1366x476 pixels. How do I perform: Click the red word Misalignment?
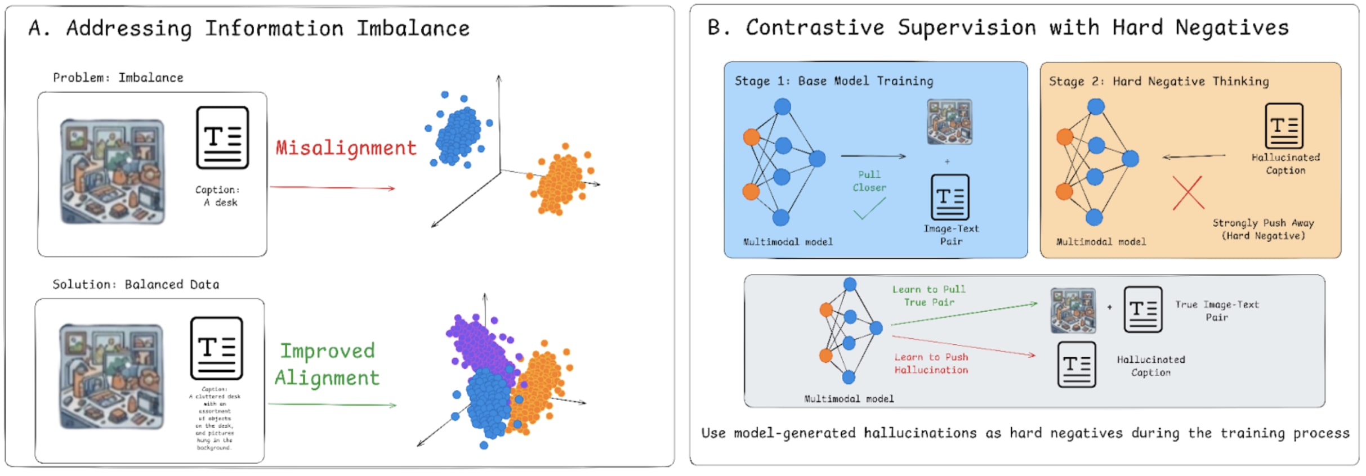coord(346,148)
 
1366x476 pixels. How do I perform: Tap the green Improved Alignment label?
coord(327,364)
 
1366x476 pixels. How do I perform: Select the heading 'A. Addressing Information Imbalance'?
coord(249,28)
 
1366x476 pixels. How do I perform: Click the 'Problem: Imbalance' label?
coord(118,78)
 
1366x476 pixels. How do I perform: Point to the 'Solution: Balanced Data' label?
coord(136,284)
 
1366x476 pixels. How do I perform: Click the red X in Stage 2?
coord(1188,193)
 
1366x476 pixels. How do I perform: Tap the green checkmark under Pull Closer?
coord(869,209)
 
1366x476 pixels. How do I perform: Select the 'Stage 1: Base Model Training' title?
coord(833,81)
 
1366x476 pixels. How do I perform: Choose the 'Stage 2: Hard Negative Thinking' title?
coord(1158,82)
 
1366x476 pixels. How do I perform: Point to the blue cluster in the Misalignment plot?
coord(458,134)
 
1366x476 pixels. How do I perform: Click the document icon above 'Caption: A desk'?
coord(222,138)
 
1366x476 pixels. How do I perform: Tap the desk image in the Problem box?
coord(113,172)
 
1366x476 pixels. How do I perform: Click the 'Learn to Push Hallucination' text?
coord(931,363)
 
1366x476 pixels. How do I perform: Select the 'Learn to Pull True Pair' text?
coord(928,296)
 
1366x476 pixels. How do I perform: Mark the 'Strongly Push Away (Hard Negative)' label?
coord(1263,229)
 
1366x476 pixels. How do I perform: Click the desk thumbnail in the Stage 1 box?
coord(949,122)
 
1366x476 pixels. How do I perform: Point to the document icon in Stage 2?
coord(1284,125)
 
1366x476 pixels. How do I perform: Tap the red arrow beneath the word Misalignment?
coord(332,187)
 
